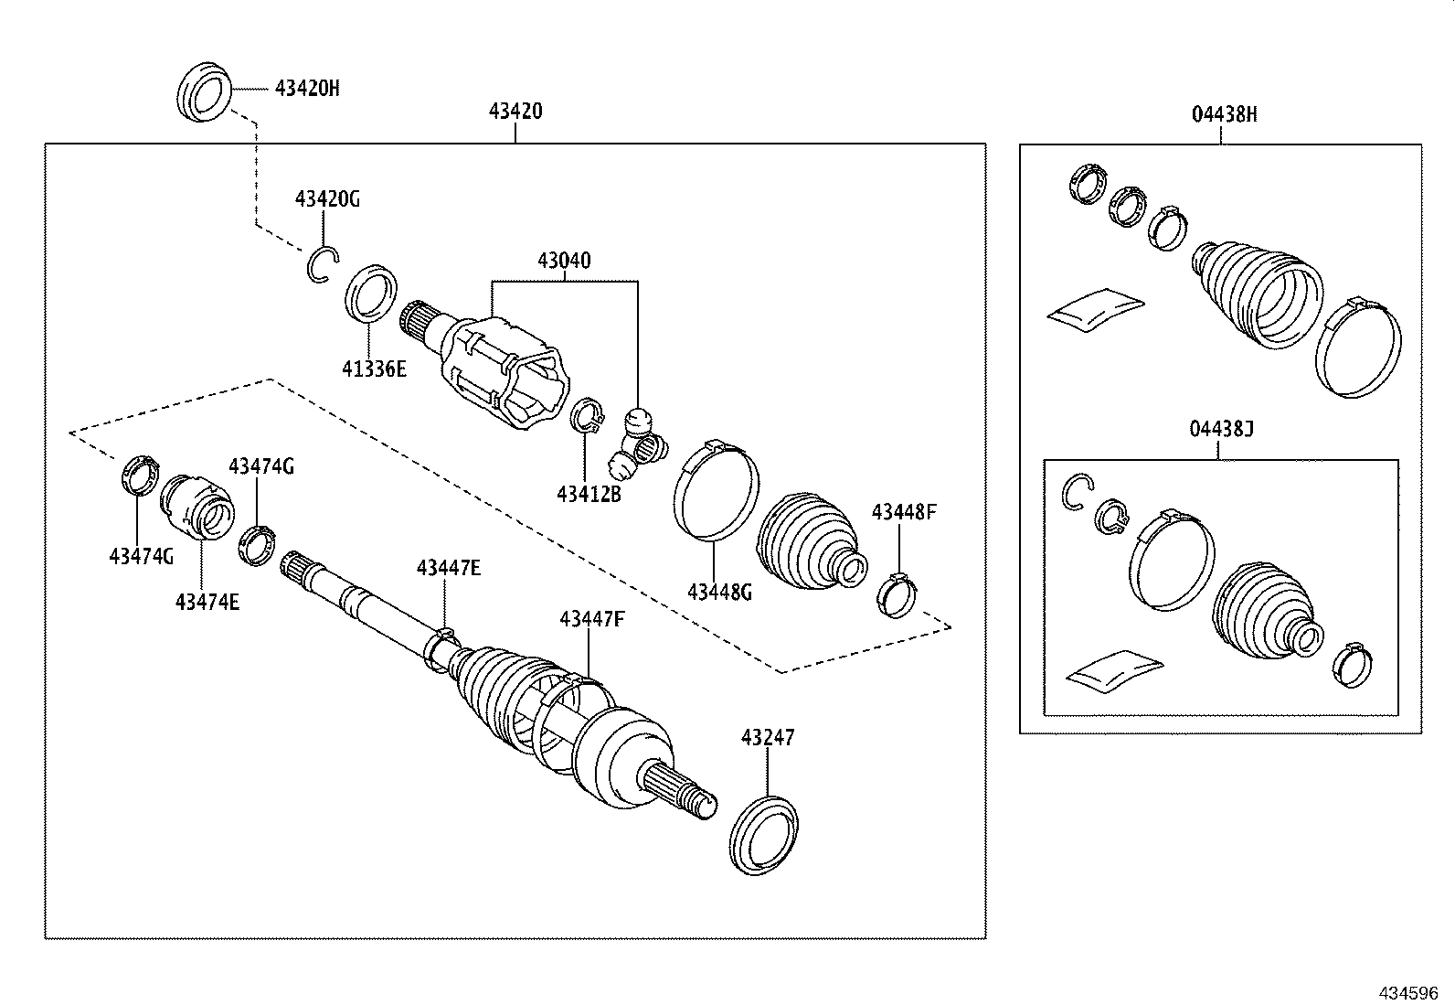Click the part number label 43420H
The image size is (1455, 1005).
(x=307, y=89)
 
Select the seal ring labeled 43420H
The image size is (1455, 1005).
(x=203, y=90)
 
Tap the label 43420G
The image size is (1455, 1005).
(x=326, y=198)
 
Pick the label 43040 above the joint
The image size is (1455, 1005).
(x=563, y=261)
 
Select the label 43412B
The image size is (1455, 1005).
(x=589, y=494)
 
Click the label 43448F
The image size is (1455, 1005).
(x=903, y=511)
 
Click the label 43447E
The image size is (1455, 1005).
(x=448, y=568)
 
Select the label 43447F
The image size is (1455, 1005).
(x=591, y=619)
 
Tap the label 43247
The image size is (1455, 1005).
(x=768, y=736)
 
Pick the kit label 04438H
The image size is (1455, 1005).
(x=1224, y=114)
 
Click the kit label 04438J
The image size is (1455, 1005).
(x=1222, y=428)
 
